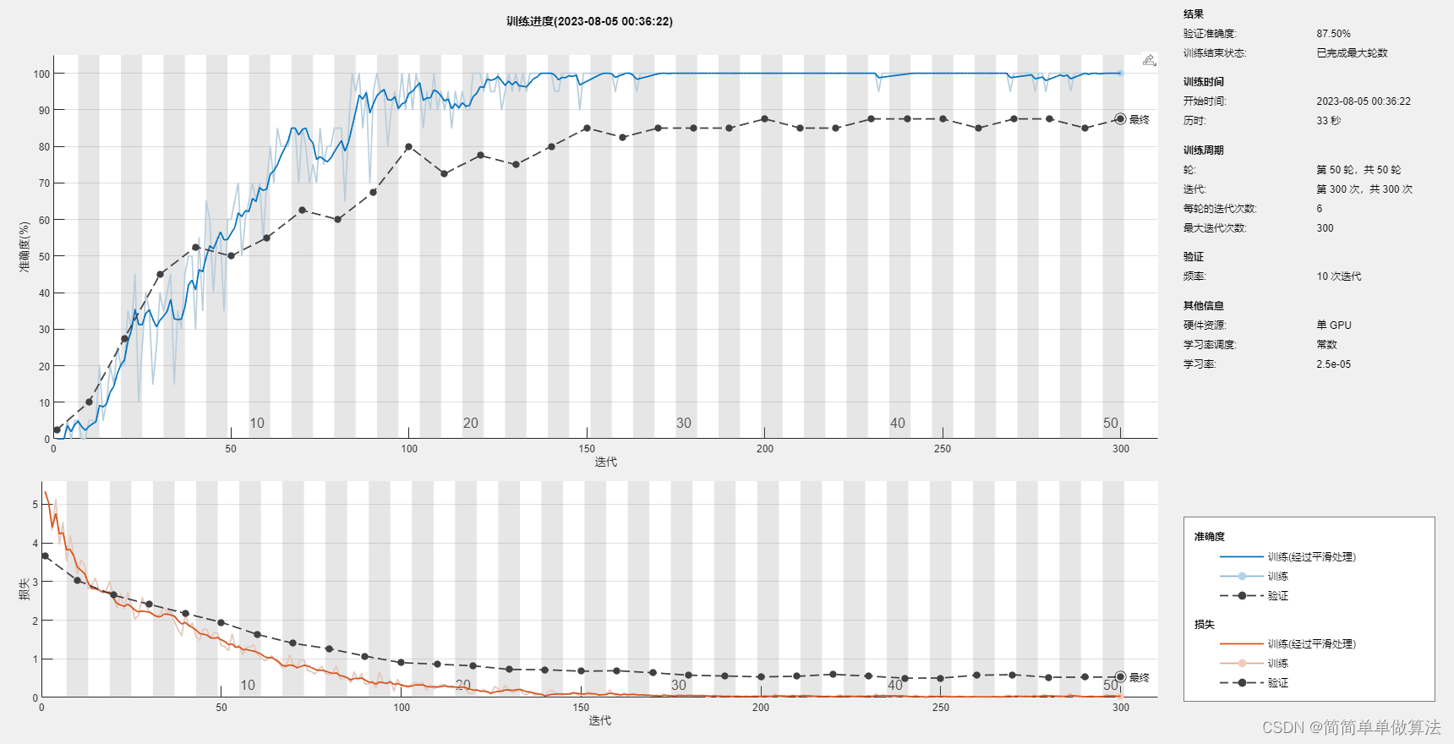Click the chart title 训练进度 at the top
(589, 21)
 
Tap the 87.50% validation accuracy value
(1333, 34)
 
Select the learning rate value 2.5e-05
(1333, 364)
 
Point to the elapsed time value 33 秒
(1328, 121)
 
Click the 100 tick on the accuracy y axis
(41, 74)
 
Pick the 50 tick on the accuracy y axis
(44, 257)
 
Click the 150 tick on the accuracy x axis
(587, 449)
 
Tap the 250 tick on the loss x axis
(940, 708)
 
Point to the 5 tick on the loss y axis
(35, 505)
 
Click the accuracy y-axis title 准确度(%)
(25, 247)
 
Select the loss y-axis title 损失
(25, 588)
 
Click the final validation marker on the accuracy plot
(1120, 119)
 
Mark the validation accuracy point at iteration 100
(409, 147)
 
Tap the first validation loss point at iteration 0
(45, 556)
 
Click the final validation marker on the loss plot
(1120, 677)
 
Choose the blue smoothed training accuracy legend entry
(1311, 557)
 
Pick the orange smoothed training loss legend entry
(1311, 644)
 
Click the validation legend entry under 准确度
(1277, 596)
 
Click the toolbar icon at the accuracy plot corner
(1149, 60)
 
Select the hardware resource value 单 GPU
(1333, 325)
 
